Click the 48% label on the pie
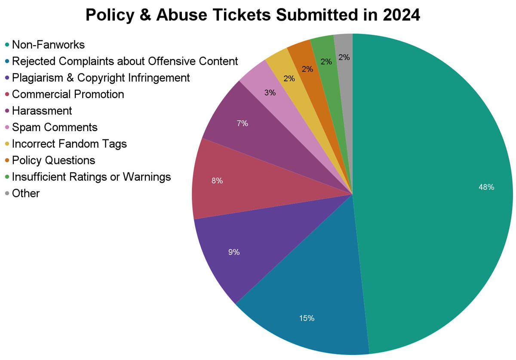pyautogui.click(x=487, y=187)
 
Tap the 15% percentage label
pyautogui.click(x=307, y=318)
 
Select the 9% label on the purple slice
pyautogui.click(x=233, y=252)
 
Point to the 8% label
pyautogui.click(x=217, y=181)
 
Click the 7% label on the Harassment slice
pyautogui.click(x=242, y=123)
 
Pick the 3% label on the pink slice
pyautogui.click(x=270, y=92)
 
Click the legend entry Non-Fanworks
pyautogui.click(x=48, y=45)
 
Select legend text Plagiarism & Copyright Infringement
pyautogui.click(x=101, y=78)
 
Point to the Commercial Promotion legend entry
pyautogui.click(x=68, y=94)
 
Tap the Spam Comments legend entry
pyautogui.click(x=55, y=127)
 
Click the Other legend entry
pyautogui.click(x=26, y=194)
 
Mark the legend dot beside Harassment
pyautogui.click(x=7, y=111)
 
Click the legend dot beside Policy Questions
pyautogui.click(x=7, y=160)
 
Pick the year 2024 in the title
pyautogui.click(x=403, y=16)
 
